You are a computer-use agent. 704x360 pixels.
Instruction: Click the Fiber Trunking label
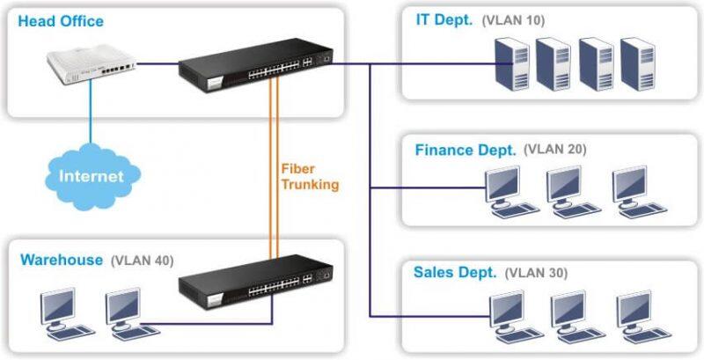[x=310, y=176]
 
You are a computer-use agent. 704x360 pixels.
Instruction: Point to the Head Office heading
[x=61, y=20]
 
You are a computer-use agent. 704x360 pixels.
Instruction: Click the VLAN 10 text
[x=515, y=20]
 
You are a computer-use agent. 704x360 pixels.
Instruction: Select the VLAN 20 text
[x=554, y=149]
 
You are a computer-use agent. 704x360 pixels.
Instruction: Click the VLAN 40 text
[x=143, y=261]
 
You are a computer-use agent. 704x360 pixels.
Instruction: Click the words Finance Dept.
[x=466, y=149]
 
